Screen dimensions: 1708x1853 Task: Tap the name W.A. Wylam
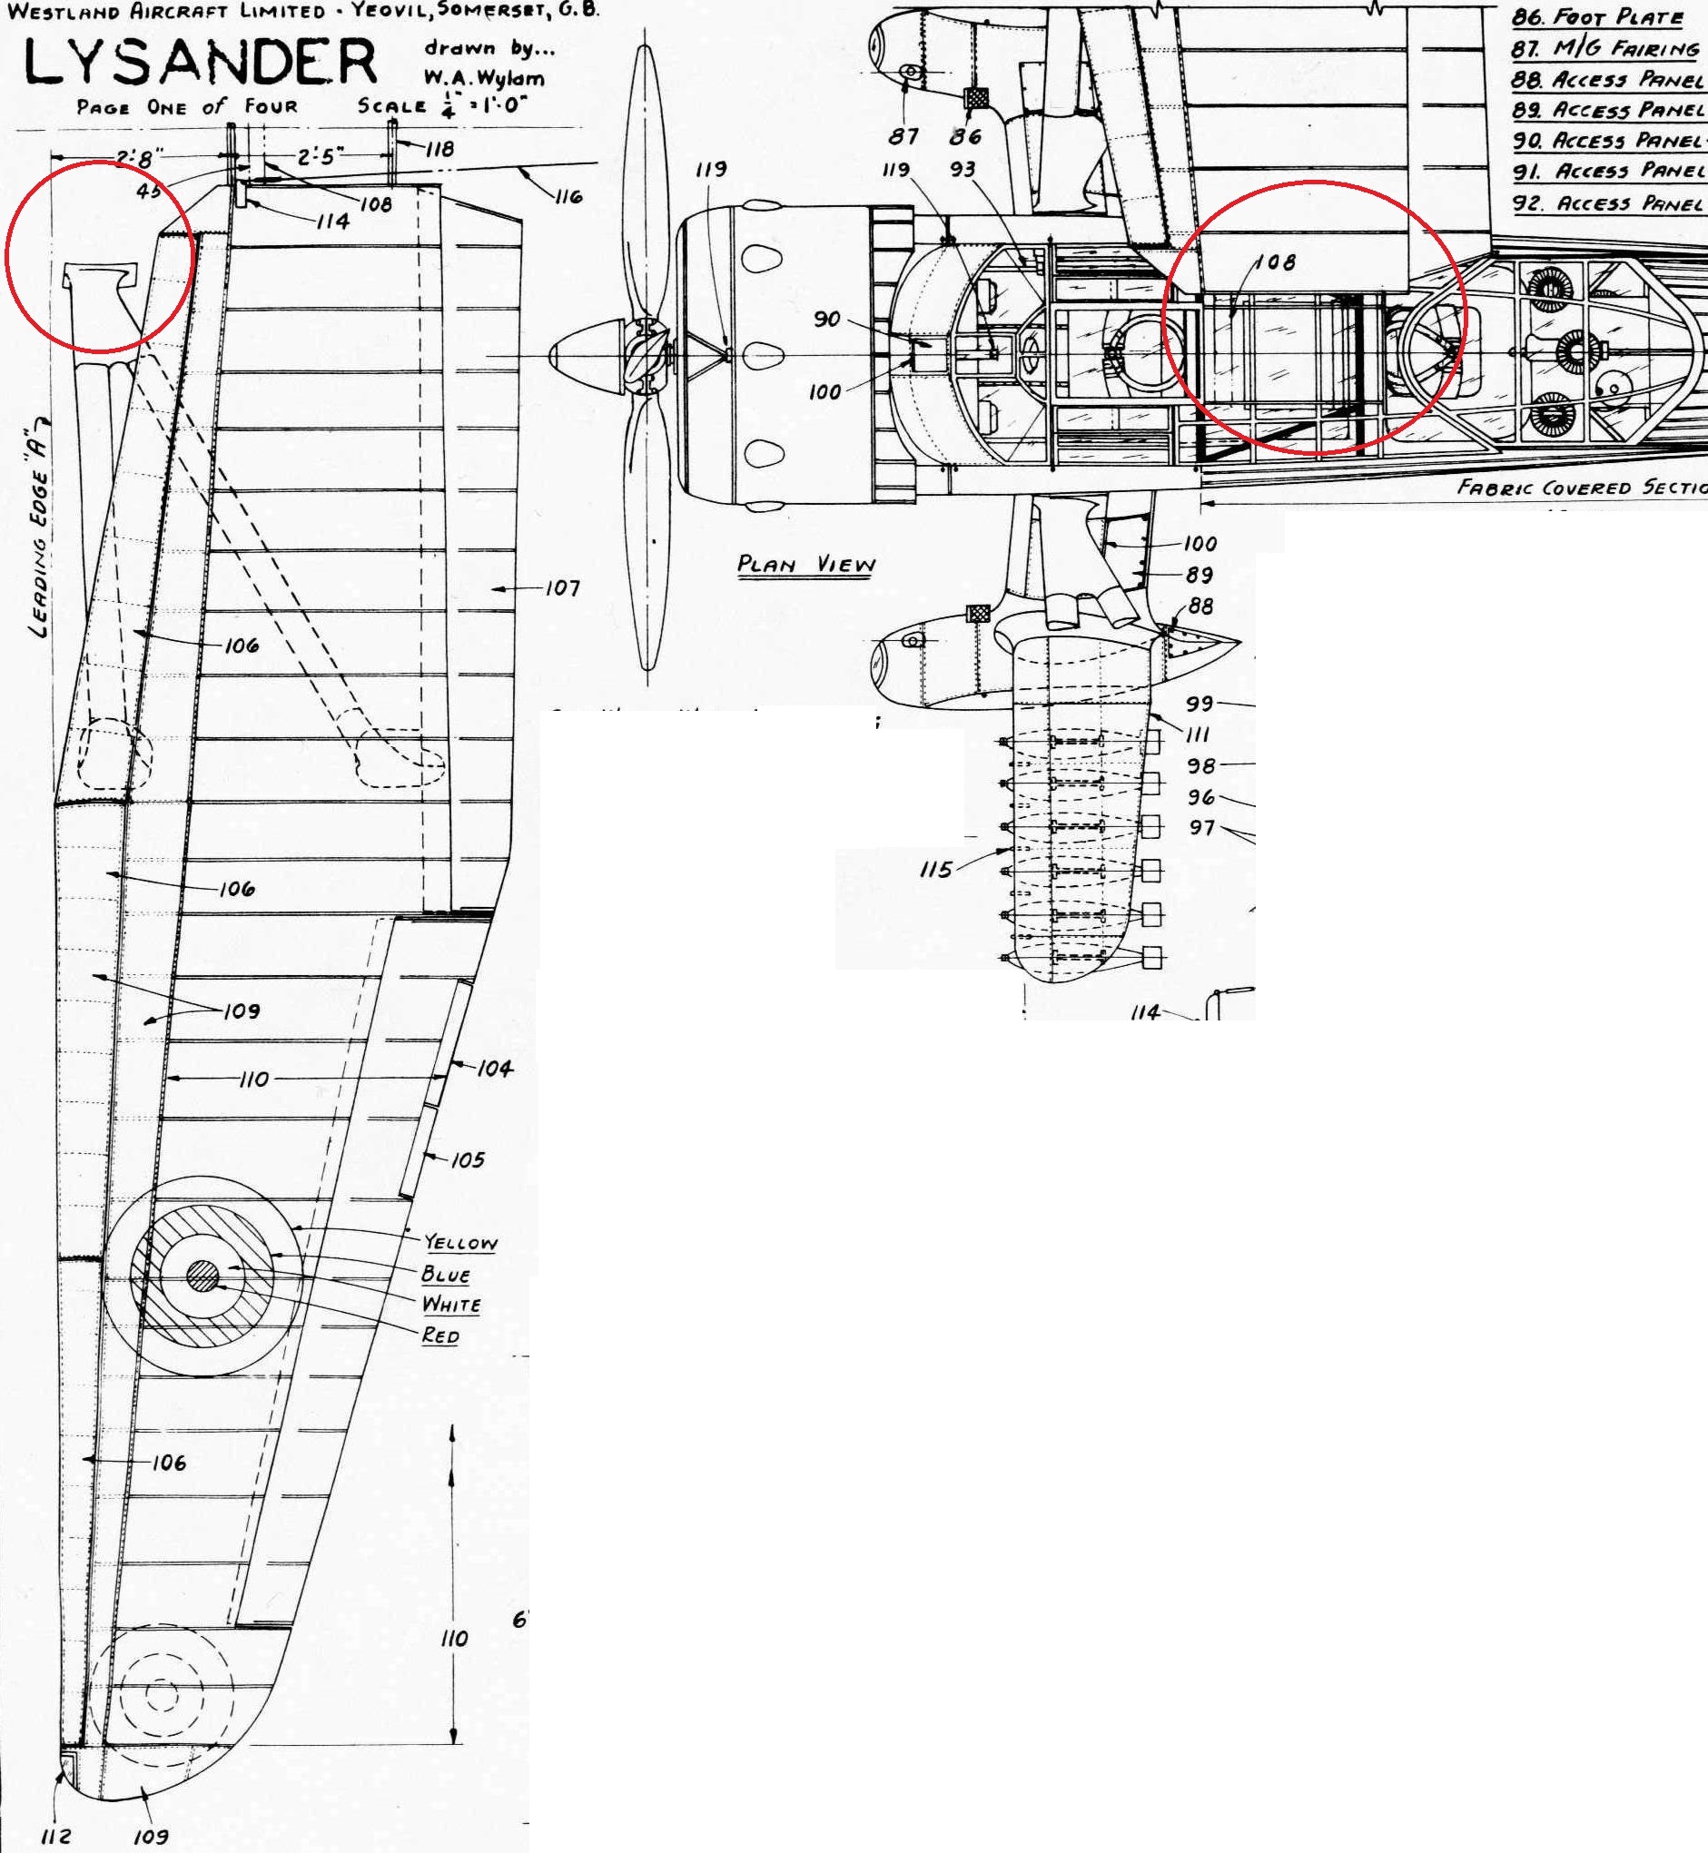[x=483, y=78]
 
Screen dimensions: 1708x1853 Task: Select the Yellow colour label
[x=460, y=1242]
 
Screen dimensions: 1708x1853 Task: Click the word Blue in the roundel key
[x=446, y=1274]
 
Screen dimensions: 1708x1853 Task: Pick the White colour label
[x=451, y=1304]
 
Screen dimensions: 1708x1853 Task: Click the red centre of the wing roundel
[x=202, y=1276]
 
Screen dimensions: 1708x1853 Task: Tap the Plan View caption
[x=806, y=565]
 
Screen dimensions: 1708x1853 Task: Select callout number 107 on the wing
[x=562, y=587]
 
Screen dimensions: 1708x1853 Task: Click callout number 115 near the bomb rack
[x=935, y=869]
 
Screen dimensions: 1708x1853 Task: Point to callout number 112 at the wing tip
[x=56, y=1836]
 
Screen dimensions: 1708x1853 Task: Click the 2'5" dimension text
[x=320, y=157]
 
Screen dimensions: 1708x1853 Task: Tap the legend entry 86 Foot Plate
[x=1597, y=16]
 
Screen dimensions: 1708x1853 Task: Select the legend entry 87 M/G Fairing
[x=1604, y=47]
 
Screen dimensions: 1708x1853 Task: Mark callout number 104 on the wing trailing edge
[x=495, y=1069]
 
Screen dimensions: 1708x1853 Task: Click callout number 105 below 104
[x=468, y=1159]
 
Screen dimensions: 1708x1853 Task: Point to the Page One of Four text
[x=188, y=107]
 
